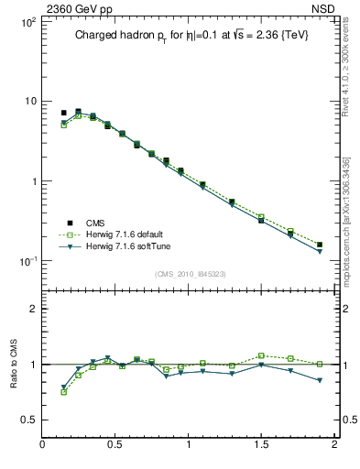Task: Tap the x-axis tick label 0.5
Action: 115,446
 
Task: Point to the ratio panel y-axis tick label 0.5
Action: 27,420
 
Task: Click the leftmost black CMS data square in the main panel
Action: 63,113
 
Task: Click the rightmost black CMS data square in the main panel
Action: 319,245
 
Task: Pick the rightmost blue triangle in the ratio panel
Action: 319,380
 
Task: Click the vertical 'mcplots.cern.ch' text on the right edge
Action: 353,229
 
